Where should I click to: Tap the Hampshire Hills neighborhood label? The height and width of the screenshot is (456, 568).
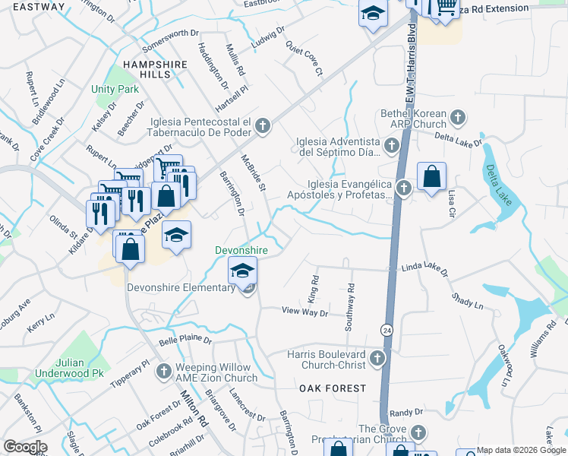click(155, 70)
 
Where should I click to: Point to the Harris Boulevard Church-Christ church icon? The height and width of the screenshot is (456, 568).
click(378, 357)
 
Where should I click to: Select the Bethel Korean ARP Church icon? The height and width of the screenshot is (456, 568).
click(457, 117)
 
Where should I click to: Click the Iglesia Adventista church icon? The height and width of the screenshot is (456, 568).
click(392, 144)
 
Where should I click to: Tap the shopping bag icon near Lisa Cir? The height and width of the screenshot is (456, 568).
click(431, 177)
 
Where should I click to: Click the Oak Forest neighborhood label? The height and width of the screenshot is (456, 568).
click(333, 388)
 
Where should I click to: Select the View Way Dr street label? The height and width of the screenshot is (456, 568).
click(305, 312)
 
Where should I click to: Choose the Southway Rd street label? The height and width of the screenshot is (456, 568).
click(350, 306)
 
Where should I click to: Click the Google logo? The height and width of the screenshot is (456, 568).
click(25, 446)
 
